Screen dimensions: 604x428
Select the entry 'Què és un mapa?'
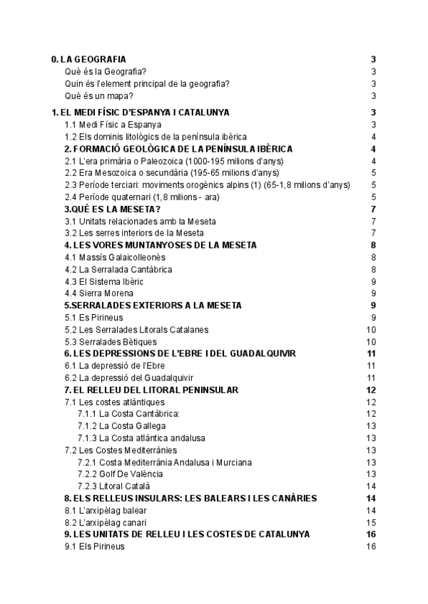click(98, 96)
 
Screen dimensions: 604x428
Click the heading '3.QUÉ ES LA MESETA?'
click(112, 209)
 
